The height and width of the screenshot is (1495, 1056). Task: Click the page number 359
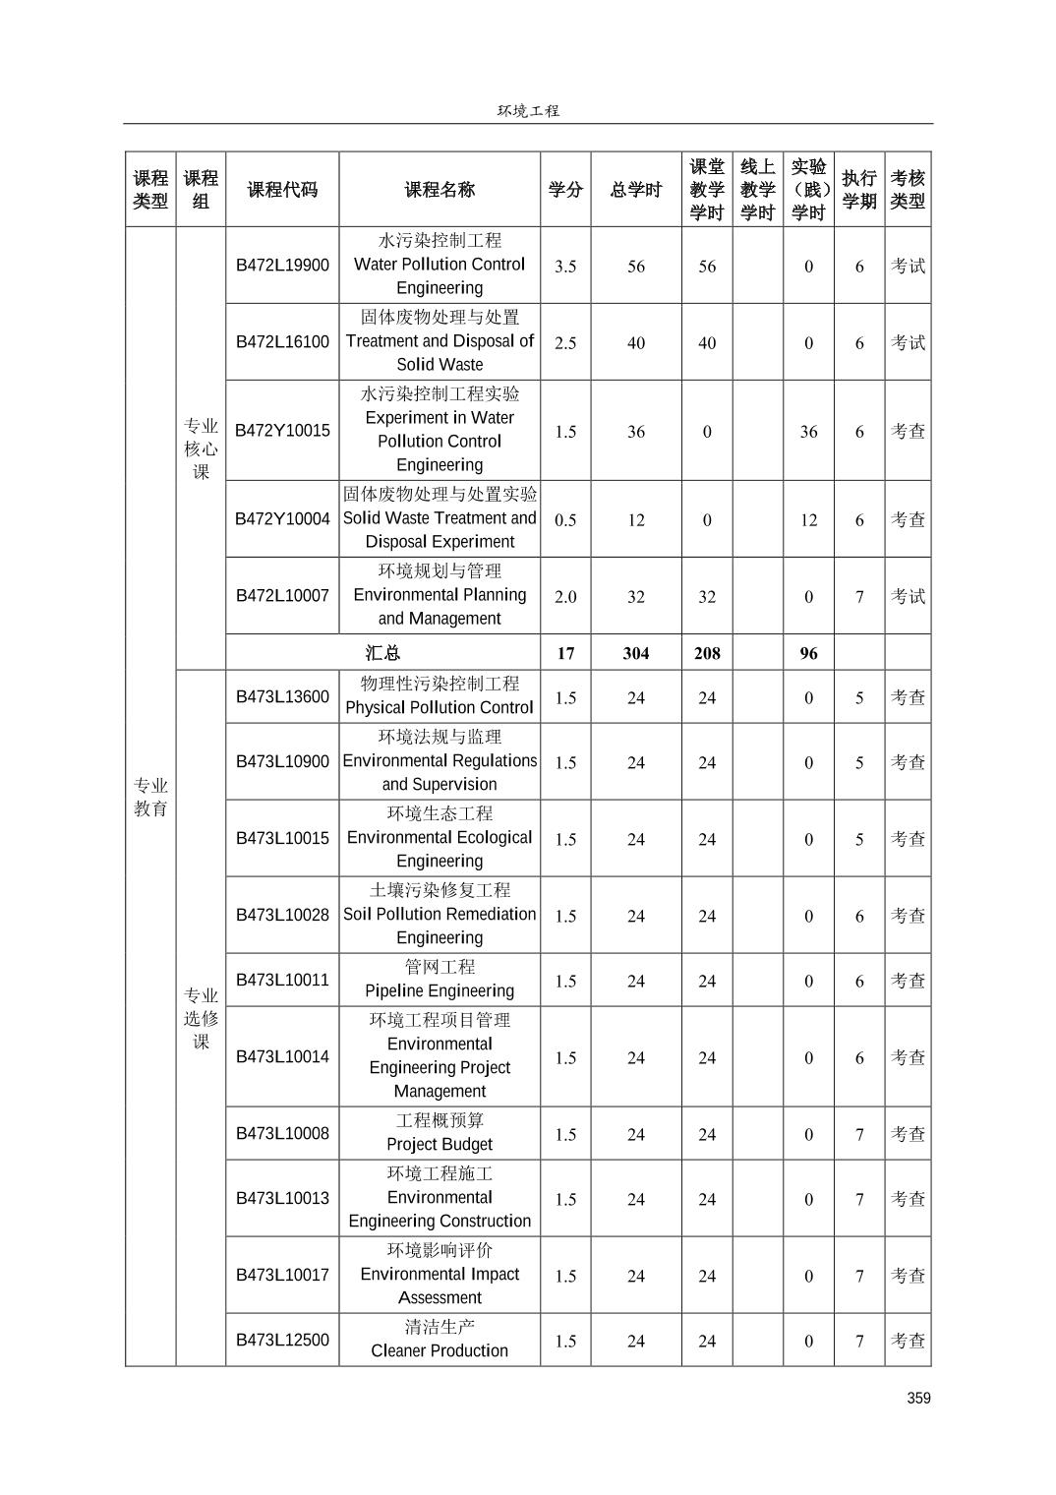point(918,1398)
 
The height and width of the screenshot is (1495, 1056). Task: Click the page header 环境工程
point(528,111)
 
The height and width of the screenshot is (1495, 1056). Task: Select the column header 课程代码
point(282,190)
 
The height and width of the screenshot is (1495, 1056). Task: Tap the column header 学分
point(565,190)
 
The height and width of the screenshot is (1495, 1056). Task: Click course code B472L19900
point(282,265)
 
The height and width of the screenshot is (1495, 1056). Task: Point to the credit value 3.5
point(565,267)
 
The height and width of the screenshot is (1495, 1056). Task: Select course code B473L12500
point(282,1340)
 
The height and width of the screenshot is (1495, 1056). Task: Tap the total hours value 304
point(636,653)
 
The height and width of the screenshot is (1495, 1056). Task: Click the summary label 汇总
point(382,653)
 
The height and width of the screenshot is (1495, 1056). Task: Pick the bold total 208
point(707,653)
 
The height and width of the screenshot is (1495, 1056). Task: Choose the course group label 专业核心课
point(201,448)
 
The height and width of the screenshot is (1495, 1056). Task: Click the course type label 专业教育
point(150,797)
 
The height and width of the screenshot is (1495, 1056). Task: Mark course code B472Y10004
point(282,519)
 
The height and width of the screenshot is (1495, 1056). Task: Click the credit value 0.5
point(565,520)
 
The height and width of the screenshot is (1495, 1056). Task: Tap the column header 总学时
point(636,190)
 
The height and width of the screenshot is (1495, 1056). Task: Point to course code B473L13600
point(282,696)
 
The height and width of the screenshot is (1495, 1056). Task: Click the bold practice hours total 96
point(808,653)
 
